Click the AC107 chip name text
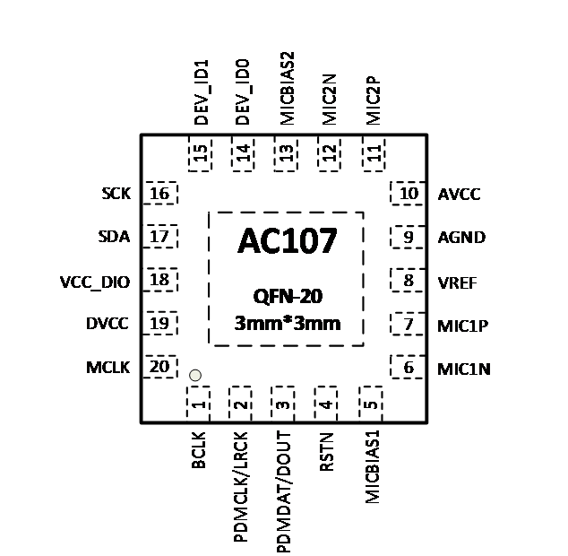point(287,241)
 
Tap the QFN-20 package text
point(287,297)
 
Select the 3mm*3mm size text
point(287,323)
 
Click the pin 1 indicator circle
point(194,376)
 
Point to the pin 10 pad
point(409,193)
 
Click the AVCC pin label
point(459,194)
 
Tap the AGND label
point(461,238)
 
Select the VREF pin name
point(457,282)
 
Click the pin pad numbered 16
point(161,194)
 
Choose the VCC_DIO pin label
point(94,282)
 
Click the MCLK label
point(109,367)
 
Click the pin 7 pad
point(409,325)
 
